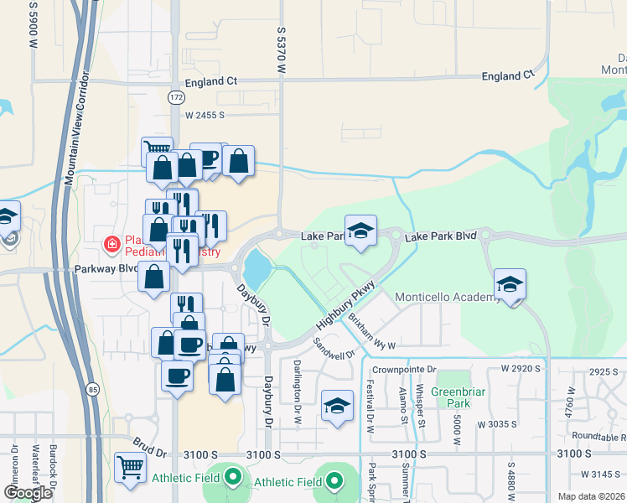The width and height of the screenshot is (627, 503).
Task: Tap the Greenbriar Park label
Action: pos(453,397)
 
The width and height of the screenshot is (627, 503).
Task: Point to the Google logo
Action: pos(28,493)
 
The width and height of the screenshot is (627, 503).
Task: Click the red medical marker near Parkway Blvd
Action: pos(110,245)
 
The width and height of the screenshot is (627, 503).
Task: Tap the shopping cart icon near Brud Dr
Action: pos(129,468)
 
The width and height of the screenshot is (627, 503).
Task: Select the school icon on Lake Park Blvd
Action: pos(360,231)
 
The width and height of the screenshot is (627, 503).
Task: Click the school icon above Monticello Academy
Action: pos(510,284)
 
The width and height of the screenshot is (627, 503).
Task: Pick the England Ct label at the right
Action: pos(507,75)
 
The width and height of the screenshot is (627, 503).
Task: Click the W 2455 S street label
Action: pos(205,115)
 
